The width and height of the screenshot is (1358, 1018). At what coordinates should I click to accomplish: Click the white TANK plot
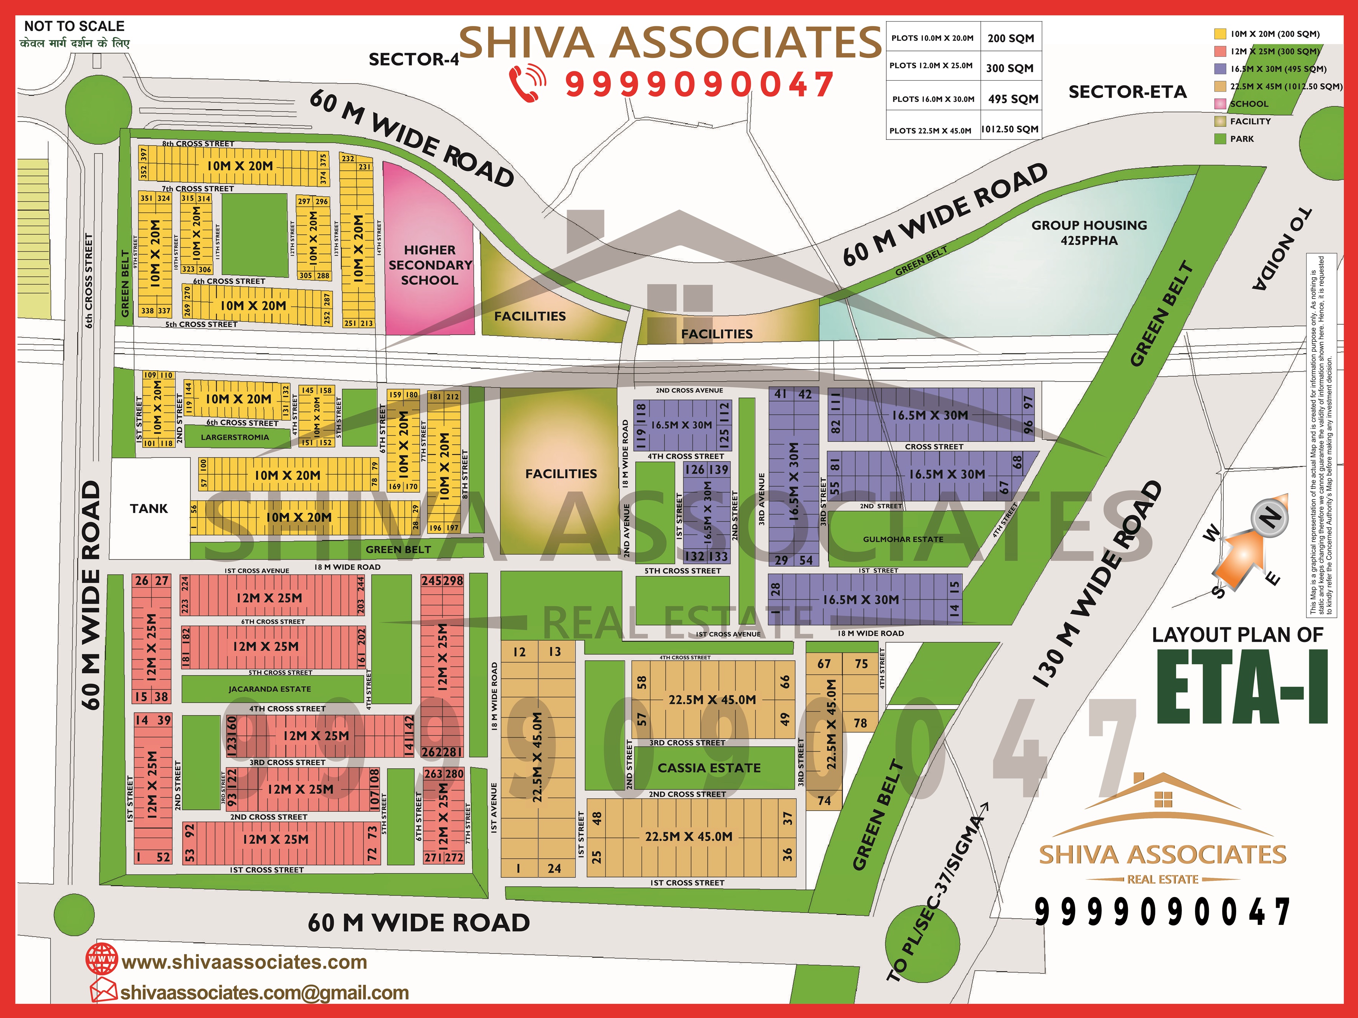[149, 509]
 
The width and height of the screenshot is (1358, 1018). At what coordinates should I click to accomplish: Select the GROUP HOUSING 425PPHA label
[1089, 233]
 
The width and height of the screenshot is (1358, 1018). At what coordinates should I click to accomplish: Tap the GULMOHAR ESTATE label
[902, 540]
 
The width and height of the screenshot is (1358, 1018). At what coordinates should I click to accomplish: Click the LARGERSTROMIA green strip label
[235, 437]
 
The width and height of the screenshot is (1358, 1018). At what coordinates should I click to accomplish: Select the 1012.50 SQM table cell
[1009, 129]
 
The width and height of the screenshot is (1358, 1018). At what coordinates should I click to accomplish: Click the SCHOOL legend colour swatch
[1220, 104]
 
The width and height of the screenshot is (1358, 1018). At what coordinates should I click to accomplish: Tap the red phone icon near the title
[527, 84]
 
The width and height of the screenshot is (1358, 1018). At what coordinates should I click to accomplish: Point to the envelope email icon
[103, 991]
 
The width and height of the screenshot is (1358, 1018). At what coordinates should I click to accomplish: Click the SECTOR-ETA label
[1127, 92]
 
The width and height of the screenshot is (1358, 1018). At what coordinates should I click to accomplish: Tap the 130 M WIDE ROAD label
[1096, 583]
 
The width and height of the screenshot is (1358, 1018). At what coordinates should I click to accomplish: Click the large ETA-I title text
[1241, 688]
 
